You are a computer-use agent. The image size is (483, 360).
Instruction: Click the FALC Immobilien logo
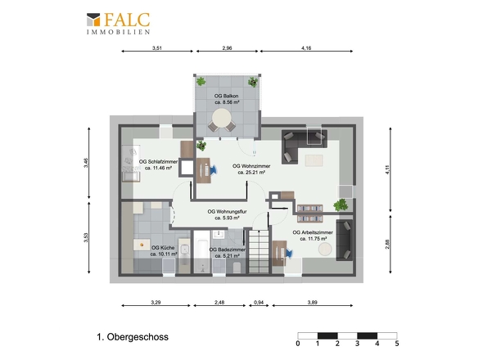click(x=118, y=24)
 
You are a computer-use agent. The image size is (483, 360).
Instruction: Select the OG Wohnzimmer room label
click(x=251, y=169)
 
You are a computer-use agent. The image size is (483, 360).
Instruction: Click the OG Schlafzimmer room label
click(x=158, y=164)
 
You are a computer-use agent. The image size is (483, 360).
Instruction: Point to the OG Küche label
click(x=164, y=250)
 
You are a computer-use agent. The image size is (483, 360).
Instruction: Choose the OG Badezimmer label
click(x=228, y=253)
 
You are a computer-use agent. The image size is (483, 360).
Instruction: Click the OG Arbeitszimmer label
click(x=313, y=236)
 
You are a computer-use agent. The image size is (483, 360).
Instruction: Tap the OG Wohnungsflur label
click(x=227, y=214)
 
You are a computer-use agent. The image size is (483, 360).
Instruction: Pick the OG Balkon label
click(x=227, y=99)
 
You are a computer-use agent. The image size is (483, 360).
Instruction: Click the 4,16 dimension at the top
click(x=306, y=47)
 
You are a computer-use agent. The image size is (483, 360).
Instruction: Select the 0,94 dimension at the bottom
click(x=259, y=303)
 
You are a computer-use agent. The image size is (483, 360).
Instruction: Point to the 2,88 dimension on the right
click(x=387, y=244)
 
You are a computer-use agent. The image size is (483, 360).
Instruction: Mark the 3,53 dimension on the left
click(x=86, y=237)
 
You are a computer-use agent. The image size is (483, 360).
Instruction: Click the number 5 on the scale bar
click(x=397, y=344)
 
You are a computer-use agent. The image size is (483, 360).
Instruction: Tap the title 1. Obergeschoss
click(x=133, y=337)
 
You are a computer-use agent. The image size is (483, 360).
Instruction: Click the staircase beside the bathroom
click(x=259, y=251)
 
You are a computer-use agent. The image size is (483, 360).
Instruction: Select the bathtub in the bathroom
click(x=201, y=252)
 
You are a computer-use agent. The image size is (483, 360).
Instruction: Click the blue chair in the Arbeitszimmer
click(x=289, y=253)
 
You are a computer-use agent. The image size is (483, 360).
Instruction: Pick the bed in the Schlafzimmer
click(x=131, y=164)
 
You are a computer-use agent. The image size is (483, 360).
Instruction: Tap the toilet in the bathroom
click(x=237, y=268)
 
